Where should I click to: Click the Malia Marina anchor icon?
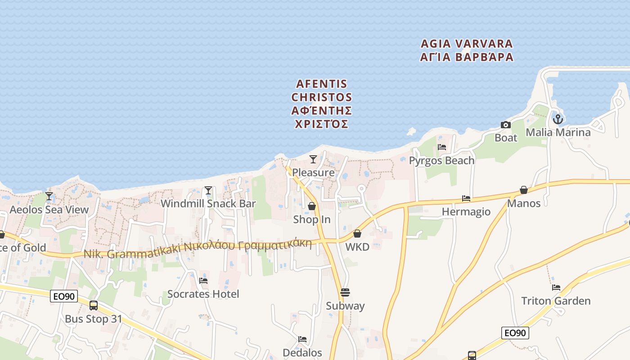pyautogui.click(x=558, y=119)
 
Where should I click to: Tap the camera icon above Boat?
pyautogui.click(x=506, y=125)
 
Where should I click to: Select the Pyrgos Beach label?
pyautogui.click(x=441, y=161)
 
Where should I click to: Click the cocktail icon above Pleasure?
pyautogui.click(x=313, y=159)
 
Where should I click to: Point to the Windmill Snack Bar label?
pyautogui.click(x=208, y=203)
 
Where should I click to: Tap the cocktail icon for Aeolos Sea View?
pyautogui.click(x=49, y=196)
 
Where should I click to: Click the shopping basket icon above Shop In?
pyautogui.click(x=311, y=206)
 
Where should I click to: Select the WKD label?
pyautogui.click(x=357, y=247)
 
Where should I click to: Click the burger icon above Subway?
pyautogui.click(x=345, y=292)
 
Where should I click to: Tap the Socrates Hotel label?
pyautogui.click(x=203, y=294)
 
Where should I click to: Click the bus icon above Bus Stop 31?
pyautogui.click(x=94, y=306)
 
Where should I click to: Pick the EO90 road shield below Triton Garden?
pyautogui.click(x=515, y=333)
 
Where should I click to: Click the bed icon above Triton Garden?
pyautogui.click(x=556, y=288)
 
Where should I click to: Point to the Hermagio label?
pyautogui.click(x=466, y=211)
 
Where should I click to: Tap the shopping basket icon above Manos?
pyautogui.click(x=524, y=190)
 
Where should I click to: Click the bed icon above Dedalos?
pyautogui.click(x=302, y=339)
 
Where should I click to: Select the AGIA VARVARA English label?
pyautogui.click(x=467, y=44)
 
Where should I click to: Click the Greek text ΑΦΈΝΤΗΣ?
pyautogui.click(x=321, y=111)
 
